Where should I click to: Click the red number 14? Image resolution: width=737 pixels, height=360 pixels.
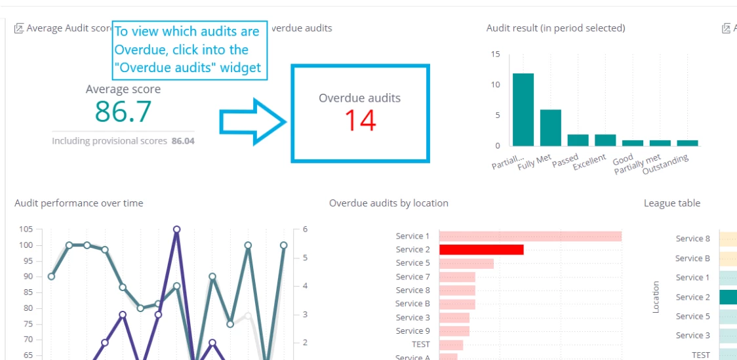pyautogui.click(x=360, y=120)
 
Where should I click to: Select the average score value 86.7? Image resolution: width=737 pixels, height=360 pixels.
pyautogui.click(x=123, y=111)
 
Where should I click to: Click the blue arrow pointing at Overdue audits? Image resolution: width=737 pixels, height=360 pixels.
pyautogui.click(x=253, y=122)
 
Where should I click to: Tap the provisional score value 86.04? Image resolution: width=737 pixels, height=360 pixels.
pyautogui.click(x=183, y=140)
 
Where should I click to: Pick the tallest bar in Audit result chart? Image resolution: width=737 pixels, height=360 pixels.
pyautogui.click(x=523, y=110)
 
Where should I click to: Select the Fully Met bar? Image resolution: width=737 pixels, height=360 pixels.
pyautogui.click(x=550, y=128)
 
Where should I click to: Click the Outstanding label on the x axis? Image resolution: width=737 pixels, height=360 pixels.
pyautogui.click(x=666, y=164)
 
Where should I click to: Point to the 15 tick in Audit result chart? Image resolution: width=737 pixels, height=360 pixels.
pyautogui.click(x=496, y=54)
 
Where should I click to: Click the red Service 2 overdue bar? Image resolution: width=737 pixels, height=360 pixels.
pyautogui.click(x=481, y=250)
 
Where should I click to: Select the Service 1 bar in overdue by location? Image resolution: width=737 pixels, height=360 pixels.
pyautogui.click(x=530, y=236)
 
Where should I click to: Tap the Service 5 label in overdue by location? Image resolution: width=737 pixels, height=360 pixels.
pyautogui.click(x=412, y=263)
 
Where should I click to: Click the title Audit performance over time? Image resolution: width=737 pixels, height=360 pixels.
pyautogui.click(x=79, y=203)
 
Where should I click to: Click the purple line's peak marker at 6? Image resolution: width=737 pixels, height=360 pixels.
pyautogui.click(x=177, y=230)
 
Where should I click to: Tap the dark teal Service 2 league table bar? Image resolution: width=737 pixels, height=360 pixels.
pyautogui.click(x=728, y=297)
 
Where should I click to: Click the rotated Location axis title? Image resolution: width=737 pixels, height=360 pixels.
pyautogui.click(x=656, y=297)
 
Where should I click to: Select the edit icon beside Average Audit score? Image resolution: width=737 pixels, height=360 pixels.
pyautogui.click(x=19, y=28)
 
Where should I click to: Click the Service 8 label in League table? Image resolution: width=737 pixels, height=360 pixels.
pyautogui.click(x=693, y=239)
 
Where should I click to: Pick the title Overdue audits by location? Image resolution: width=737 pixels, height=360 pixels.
pyautogui.click(x=389, y=203)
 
